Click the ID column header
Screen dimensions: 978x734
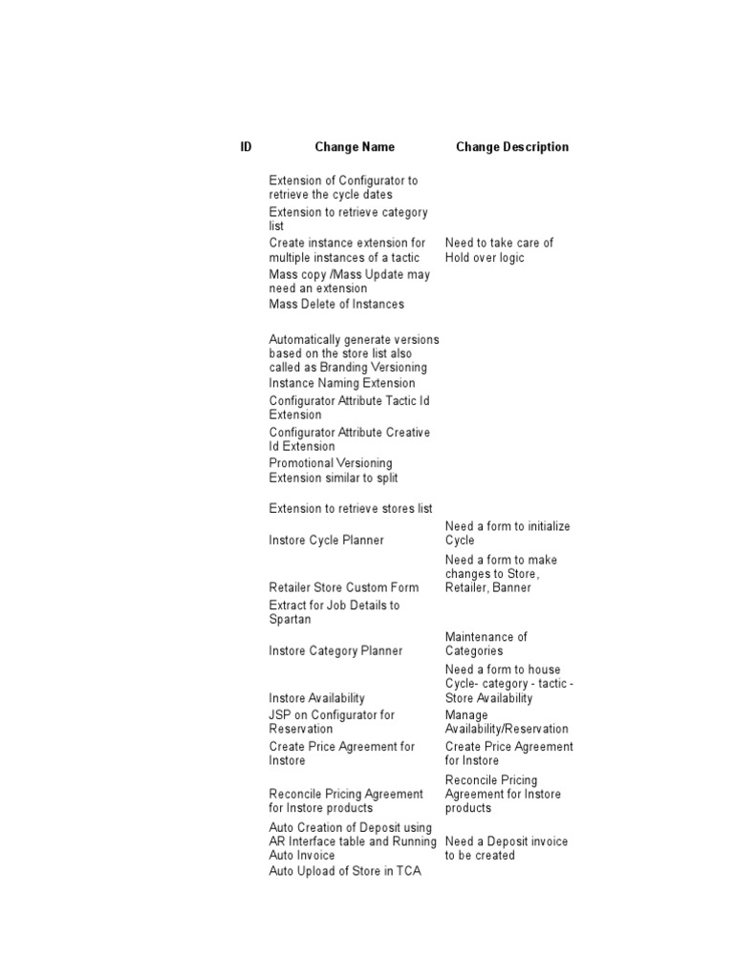click(247, 147)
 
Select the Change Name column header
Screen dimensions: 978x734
click(355, 147)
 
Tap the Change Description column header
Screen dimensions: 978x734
click(512, 147)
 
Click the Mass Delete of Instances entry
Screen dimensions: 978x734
click(336, 305)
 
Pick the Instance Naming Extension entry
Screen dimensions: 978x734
click(342, 384)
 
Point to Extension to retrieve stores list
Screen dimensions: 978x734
click(351, 509)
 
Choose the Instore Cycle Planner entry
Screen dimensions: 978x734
click(327, 541)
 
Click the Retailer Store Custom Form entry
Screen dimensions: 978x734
click(344, 588)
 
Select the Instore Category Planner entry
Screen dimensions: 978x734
click(335, 651)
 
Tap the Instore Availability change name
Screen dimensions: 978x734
click(316, 699)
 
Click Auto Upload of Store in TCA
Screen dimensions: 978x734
click(345, 871)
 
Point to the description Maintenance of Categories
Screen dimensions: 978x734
click(486, 644)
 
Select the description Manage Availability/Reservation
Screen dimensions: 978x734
click(507, 722)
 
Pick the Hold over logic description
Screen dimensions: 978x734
click(485, 258)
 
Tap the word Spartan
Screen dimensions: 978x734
click(291, 620)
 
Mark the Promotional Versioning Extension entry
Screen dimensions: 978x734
click(334, 471)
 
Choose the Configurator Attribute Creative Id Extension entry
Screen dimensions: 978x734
click(349, 439)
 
